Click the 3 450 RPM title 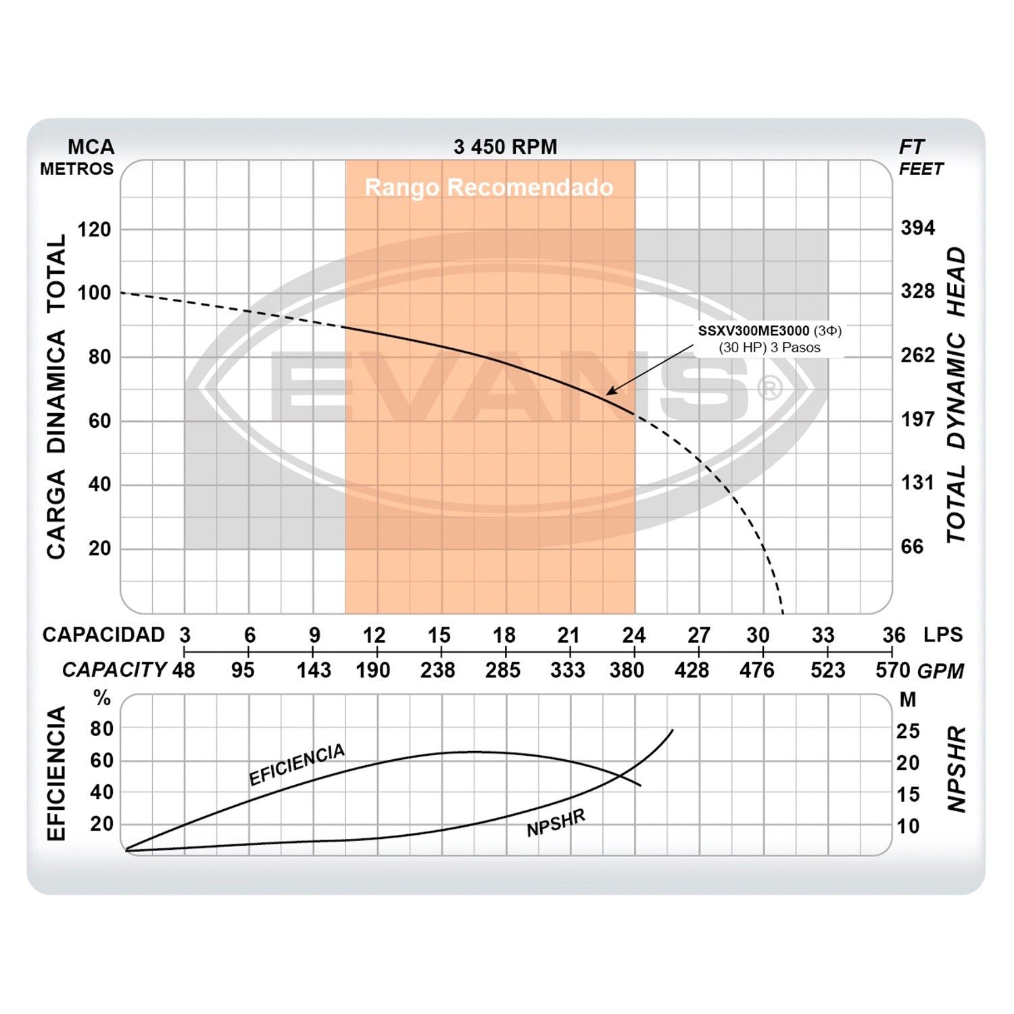505,147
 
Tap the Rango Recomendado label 489,187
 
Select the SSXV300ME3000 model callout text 753,331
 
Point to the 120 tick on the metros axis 94,230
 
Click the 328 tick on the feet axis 917,291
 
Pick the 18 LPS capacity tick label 504,635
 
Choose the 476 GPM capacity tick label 756,670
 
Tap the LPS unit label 942,635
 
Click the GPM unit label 940,671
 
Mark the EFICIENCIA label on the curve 297,765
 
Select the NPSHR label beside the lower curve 556,822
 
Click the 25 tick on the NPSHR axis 908,731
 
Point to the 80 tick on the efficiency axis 101,729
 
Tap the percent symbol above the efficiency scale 103,698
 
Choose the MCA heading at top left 91,147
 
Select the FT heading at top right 911,147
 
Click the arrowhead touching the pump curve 610,391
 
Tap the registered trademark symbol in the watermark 770,388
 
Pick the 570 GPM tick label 892,670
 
